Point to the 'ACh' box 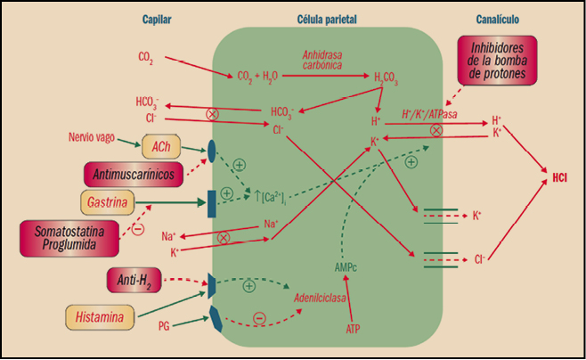click(x=161, y=145)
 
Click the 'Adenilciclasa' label click(x=322, y=298)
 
